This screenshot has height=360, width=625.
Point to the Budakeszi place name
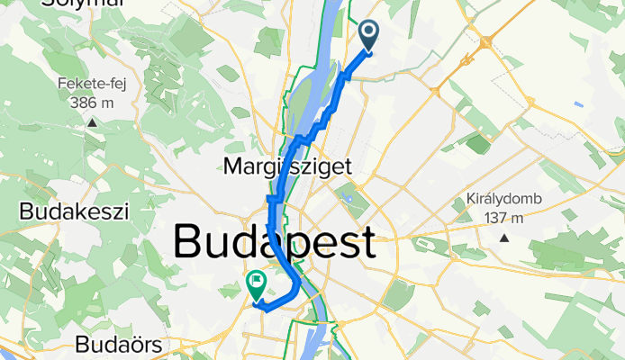tap(75, 211)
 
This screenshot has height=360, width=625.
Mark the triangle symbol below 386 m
tap(91, 120)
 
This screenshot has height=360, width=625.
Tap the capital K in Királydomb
tap(472, 200)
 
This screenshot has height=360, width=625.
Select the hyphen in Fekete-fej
tap(105, 85)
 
